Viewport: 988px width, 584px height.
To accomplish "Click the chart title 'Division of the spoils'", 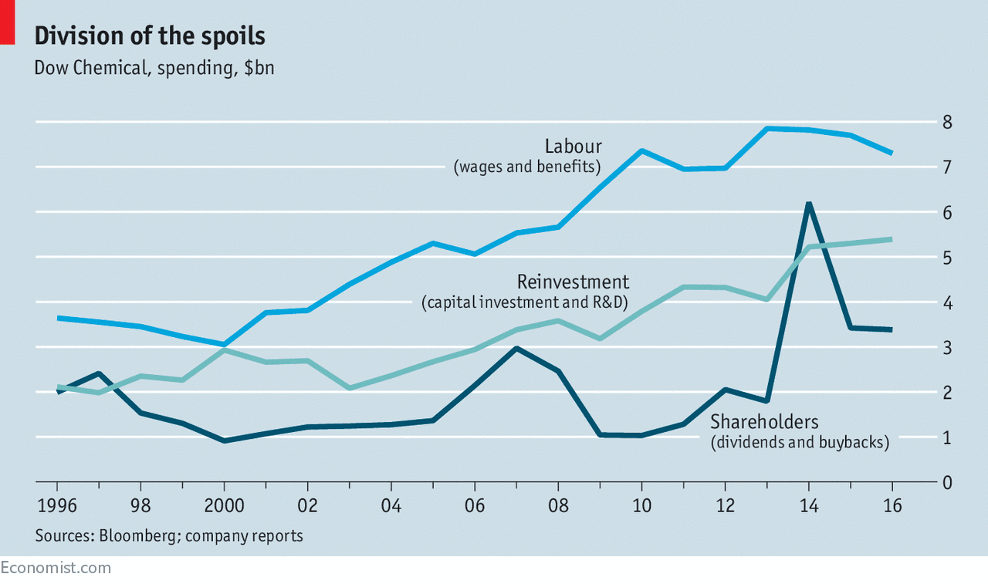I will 150,36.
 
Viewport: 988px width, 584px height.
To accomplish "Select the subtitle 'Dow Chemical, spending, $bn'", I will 154,68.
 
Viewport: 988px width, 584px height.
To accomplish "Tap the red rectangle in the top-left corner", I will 8,22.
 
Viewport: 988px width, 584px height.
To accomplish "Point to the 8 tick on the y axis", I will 946,122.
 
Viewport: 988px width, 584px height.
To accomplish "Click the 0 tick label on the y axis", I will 946,482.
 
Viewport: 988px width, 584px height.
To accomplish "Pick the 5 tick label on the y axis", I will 946,257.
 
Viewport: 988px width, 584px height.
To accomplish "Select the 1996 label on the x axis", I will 57,506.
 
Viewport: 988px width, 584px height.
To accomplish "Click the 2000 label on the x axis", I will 224,506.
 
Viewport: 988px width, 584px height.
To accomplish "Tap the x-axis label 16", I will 892,506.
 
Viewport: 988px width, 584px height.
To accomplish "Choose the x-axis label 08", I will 558,506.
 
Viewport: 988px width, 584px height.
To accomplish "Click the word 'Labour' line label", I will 573,147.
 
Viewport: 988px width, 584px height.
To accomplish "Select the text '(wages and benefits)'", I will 527,167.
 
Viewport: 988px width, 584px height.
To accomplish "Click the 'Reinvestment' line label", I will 573,282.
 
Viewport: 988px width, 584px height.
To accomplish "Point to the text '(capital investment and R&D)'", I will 526,302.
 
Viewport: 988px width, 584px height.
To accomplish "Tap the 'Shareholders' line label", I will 764,422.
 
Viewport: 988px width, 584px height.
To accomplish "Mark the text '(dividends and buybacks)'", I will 800,443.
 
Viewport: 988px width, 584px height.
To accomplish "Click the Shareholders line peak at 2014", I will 808,204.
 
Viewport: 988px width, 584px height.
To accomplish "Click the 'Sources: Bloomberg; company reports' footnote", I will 169,535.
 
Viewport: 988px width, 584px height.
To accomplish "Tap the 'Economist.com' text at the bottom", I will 56,568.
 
